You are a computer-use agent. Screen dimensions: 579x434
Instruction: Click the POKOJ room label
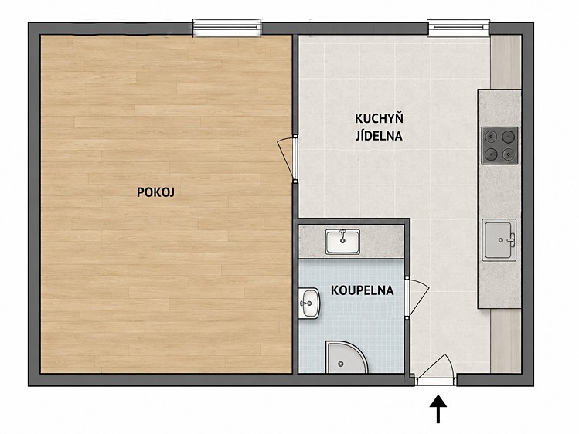155,192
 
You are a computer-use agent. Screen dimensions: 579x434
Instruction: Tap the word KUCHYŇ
379,118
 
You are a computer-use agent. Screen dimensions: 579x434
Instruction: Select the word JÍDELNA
379,136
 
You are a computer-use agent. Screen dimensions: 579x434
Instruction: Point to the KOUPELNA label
363,290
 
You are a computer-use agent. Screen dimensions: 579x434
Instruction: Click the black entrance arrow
438,409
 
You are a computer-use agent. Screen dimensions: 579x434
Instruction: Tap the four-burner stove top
499,145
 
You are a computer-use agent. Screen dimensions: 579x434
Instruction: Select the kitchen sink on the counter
499,239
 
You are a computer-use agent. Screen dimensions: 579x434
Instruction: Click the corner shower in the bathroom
346,358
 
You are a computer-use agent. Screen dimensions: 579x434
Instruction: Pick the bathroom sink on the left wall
309,303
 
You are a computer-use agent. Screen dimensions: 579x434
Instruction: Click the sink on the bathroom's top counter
342,242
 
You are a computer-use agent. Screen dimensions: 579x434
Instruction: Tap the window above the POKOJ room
226,28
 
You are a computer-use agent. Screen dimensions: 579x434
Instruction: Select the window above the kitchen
458,28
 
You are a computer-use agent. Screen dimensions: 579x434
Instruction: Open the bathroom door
417,298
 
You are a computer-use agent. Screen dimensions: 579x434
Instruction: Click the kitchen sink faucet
511,239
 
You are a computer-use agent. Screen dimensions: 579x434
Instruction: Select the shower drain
340,364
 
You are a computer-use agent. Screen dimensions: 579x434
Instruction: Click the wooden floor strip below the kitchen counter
506,341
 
